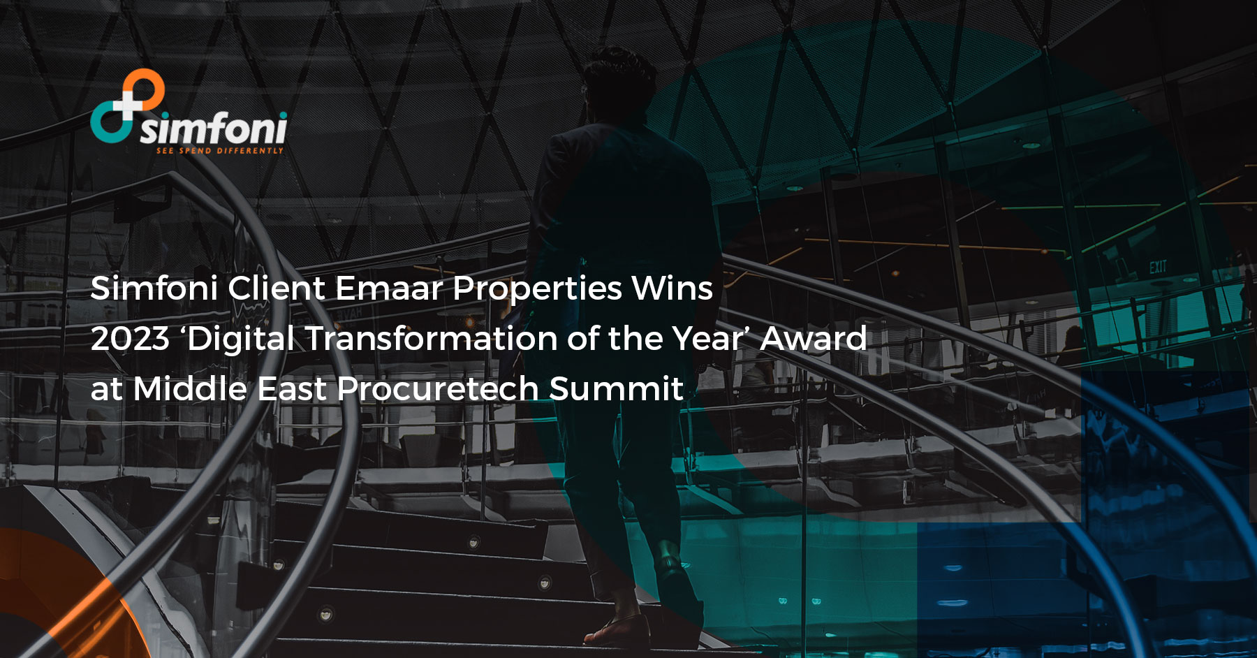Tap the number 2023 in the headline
pyautogui.click(x=130, y=339)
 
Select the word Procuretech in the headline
pyautogui.click(x=438, y=388)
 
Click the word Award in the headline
pyautogui.click(x=813, y=339)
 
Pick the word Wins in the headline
pyautogui.click(x=672, y=288)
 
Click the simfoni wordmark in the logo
pyautogui.click(x=214, y=129)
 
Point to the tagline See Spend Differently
pyautogui.click(x=220, y=151)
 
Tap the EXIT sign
pyautogui.click(x=1158, y=266)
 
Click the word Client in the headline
pyautogui.click(x=277, y=288)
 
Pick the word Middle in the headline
pyautogui.click(x=190, y=388)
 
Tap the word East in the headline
pyautogui.click(x=292, y=388)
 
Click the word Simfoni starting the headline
pyautogui.click(x=154, y=288)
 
